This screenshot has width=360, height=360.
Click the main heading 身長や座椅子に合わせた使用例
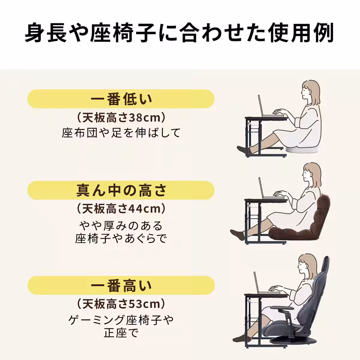179,33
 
